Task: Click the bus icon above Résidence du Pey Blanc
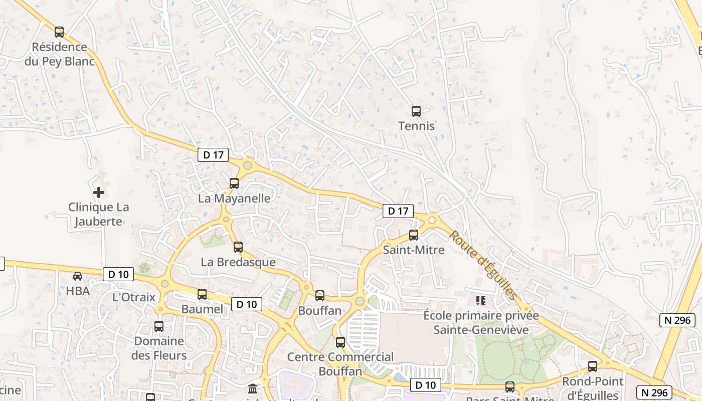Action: (x=59, y=32)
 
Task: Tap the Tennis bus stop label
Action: (x=416, y=126)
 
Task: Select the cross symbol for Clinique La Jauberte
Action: (x=99, y=192)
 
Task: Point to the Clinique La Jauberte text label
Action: (x=98, y=214)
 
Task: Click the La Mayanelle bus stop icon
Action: (x=234, y=183)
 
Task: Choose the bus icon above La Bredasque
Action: (x=238, y=247)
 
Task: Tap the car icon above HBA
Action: (x=78, y=276)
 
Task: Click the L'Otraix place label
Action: (x=134, y=297)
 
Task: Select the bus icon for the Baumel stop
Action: (x=202, y=294)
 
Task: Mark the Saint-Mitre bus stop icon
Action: (x=414, y=235)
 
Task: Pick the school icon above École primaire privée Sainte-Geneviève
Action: (x=481, y=301)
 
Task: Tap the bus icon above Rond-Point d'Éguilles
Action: (x=593, y=366)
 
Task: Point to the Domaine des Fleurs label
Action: (x=158, y=348)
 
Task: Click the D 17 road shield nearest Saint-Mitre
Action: (x=399, y=211)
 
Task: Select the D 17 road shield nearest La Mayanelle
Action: (x=214, y=155)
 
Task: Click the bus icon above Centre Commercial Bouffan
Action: (x=340, y=342)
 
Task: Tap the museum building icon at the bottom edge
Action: (x=253, y=388)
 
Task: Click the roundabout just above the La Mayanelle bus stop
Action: (x=247, y=165)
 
